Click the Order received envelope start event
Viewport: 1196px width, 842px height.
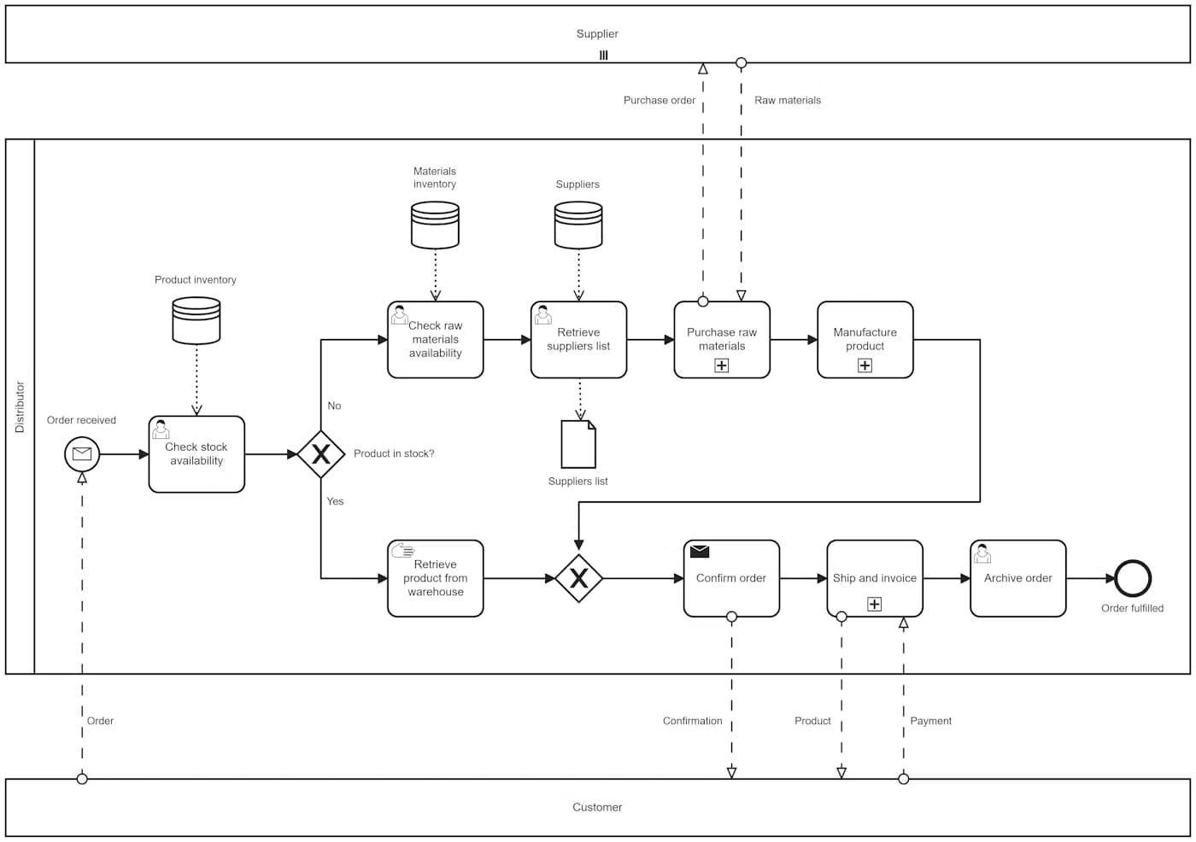click(82, 454)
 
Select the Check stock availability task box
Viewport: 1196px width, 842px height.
click(196, 454)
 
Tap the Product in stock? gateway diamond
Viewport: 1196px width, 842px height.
click(321, 454)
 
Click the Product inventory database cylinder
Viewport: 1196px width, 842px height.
click(196, 320)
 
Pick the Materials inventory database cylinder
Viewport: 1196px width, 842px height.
click(436, 225)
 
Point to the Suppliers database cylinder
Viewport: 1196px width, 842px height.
click(578, 225)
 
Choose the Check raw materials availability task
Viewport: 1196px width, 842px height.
click(436, 340)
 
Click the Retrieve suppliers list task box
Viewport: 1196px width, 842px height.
click(578, 340)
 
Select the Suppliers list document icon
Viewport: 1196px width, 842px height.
click(578, 444)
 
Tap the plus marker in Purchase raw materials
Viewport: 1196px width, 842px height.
click(722, 365)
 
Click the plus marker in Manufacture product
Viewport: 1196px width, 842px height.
click(865, 365)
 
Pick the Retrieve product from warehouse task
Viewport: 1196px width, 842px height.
click(436, 578)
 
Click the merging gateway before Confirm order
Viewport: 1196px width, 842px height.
click(578, 578)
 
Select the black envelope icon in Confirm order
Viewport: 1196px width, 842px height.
click(700, 552)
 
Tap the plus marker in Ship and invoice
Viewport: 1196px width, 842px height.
click(875, 604)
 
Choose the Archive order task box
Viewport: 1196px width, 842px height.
click(1018, 578)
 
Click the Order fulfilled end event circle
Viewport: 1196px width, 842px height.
click(1133, 578)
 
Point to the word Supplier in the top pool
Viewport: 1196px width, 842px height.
click(597, 34)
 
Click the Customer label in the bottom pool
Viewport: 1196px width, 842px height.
click(597, 807)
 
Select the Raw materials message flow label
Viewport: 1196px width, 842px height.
click(788, 101)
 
